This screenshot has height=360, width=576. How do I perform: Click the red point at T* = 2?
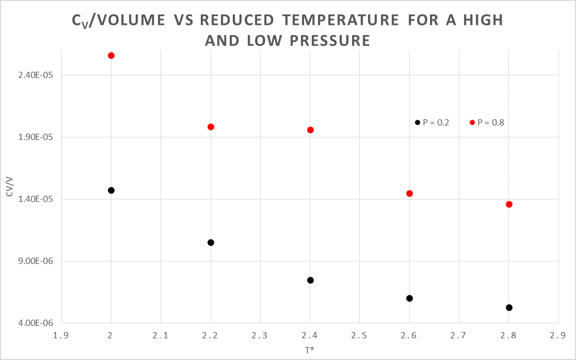[111, 55]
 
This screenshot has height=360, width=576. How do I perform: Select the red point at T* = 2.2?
[211, 127]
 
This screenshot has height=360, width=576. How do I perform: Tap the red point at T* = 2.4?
[310, 130]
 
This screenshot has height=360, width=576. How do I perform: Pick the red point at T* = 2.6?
[409, 193]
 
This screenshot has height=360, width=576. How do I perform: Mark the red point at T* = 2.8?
[509, 204]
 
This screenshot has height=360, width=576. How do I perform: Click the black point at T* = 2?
[111, 190]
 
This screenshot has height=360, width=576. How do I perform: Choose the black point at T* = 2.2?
[211, 242]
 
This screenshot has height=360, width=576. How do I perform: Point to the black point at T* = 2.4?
[310, 280]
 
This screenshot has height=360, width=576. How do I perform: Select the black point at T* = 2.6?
[409, 298]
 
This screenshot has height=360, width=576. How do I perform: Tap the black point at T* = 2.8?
[509, 307]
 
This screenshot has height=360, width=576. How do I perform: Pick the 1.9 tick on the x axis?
[61, 335]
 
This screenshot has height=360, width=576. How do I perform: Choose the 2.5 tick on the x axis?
[360, 335]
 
